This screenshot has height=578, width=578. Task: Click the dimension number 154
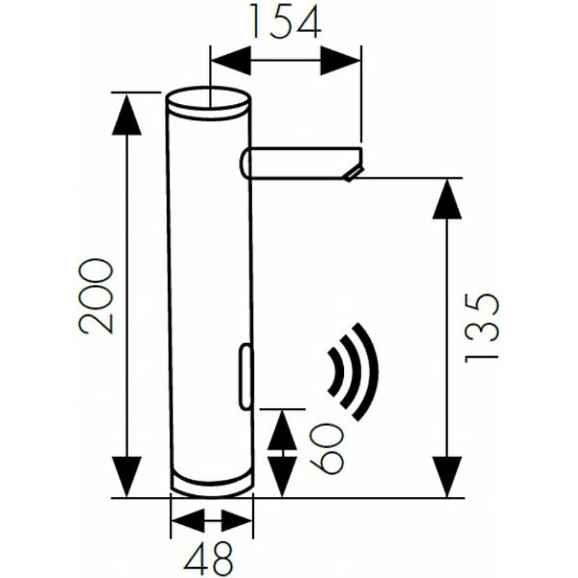[285, 22]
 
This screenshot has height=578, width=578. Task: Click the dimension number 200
[97, 296]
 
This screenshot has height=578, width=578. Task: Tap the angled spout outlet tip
[354, 173]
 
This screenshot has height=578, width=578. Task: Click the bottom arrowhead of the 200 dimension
[128, 477]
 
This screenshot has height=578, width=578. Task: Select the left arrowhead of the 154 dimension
[229, 60]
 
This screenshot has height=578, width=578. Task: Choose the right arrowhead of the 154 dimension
[340, 60]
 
